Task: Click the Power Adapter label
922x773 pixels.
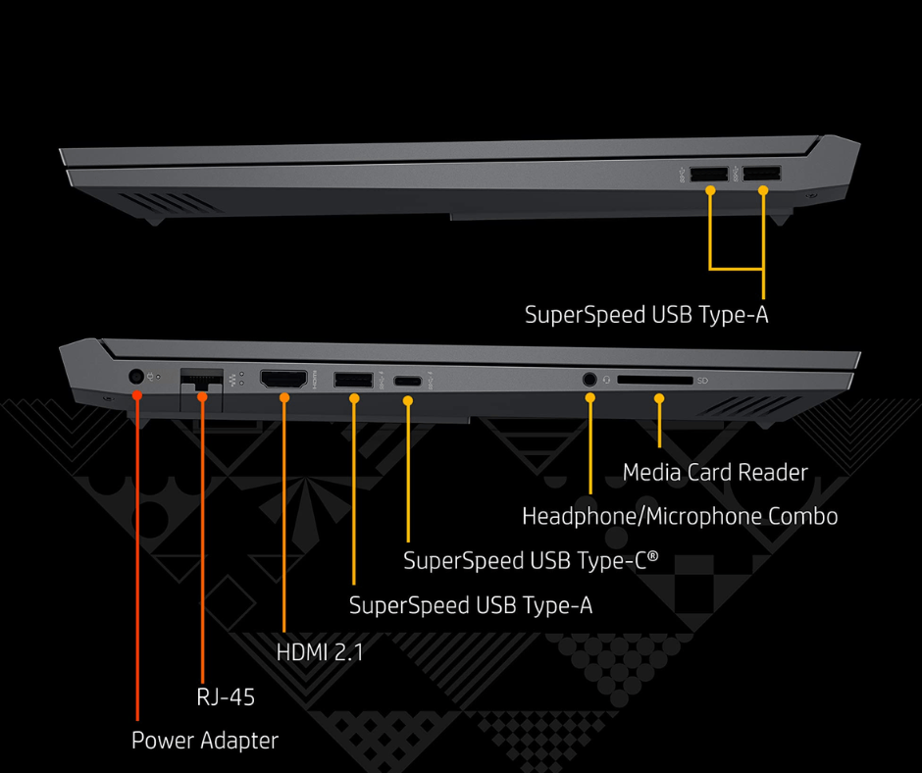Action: [205, 741]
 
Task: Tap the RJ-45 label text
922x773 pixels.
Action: [227, 697]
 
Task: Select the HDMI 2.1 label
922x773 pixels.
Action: [321, 650]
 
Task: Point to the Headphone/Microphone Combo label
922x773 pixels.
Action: [680, 516]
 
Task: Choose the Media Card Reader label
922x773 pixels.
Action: [715, 473]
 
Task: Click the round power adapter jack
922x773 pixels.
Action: [137, 376]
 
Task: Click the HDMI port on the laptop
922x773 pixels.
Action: [283, 378]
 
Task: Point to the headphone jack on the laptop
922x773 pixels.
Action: [590, 378]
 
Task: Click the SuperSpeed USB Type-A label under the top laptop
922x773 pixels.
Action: [646, 315]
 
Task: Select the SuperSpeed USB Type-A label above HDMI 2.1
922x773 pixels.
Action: [471, 605]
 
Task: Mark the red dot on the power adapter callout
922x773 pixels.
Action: [137, 395]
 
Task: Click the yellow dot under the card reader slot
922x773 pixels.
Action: [659, 398]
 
